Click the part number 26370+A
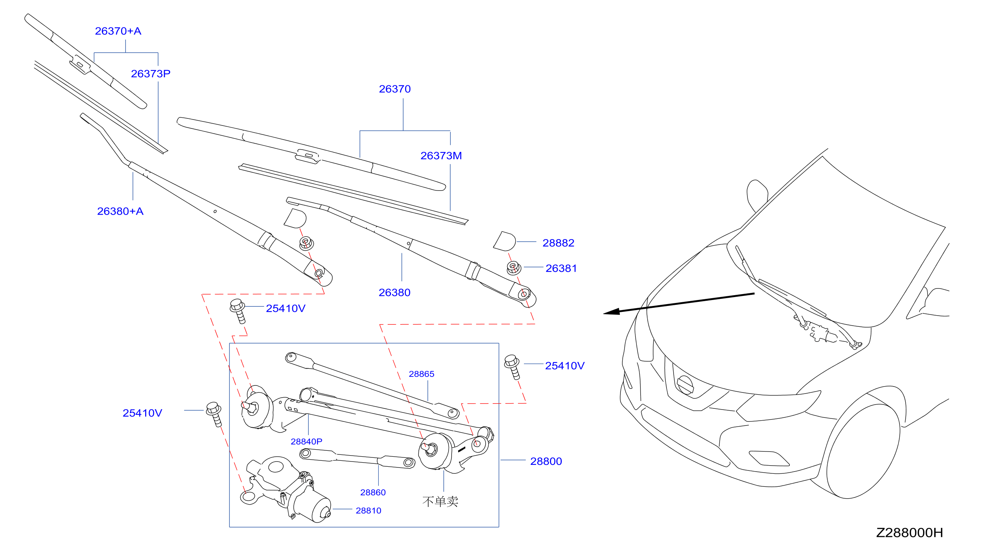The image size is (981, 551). [x=118, y=31]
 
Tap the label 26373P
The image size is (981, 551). [x=150, y=74]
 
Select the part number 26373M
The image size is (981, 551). [x=441, y=155]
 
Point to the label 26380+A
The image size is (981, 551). [x=120, y=211]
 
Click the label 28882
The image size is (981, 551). [x=558, y=242]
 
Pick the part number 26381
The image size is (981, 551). [x=561, y=268]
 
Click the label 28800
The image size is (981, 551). [x=546, y=461]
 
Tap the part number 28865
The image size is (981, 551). [x=421, y=374]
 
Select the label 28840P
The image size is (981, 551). [x=306, y=441]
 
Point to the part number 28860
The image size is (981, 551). [x=373, y=492]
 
